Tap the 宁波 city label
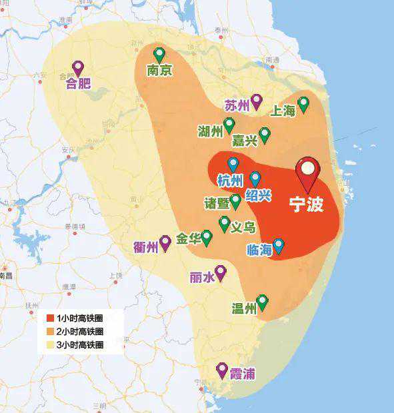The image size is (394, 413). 306,204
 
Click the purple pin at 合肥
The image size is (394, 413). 78,68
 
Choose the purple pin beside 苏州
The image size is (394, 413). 256,101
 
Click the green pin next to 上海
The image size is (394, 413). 303,104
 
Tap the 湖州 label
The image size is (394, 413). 210,131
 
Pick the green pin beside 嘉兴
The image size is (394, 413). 264,135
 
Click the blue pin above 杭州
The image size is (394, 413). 233,164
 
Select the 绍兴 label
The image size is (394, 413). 258,195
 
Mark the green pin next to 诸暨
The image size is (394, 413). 235,201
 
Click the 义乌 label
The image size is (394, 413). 243,227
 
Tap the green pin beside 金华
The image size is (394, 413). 207,237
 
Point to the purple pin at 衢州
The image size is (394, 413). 165,242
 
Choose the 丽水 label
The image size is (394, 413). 202,277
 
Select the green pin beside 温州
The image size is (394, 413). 263,302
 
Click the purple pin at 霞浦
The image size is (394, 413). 222,370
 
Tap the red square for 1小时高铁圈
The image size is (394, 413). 50,318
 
